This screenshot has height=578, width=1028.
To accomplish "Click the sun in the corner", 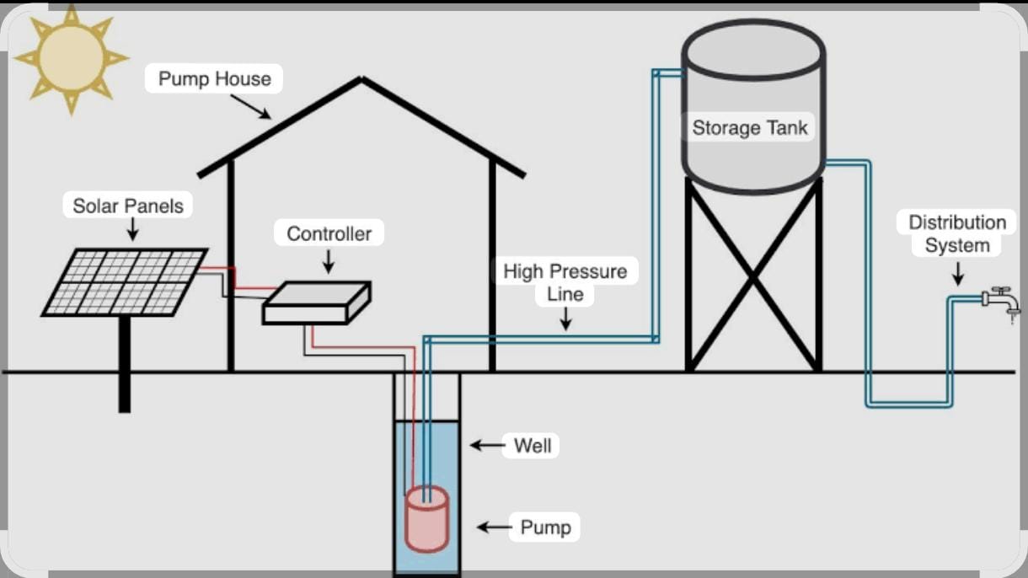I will point(71,58).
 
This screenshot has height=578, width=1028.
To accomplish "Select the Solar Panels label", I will point(127,206).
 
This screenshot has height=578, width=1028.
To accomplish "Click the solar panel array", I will point(125,281).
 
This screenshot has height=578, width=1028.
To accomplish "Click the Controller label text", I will point(329,233).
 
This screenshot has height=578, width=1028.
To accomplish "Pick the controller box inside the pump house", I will point(316,303).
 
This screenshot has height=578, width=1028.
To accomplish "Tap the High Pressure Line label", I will point(565,282).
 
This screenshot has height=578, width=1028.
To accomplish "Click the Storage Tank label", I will point(750,128).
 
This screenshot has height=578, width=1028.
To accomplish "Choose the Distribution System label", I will point(957,234).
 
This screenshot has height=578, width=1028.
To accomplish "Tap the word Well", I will point(533,445).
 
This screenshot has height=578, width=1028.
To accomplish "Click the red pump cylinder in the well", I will point(427,519).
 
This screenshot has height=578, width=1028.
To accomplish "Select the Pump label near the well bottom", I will point(545,527).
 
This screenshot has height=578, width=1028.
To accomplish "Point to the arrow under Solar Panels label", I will point(132,228).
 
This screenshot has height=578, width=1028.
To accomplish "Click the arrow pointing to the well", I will point(487,445).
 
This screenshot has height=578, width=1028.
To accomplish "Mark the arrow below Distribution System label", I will point(957,273).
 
